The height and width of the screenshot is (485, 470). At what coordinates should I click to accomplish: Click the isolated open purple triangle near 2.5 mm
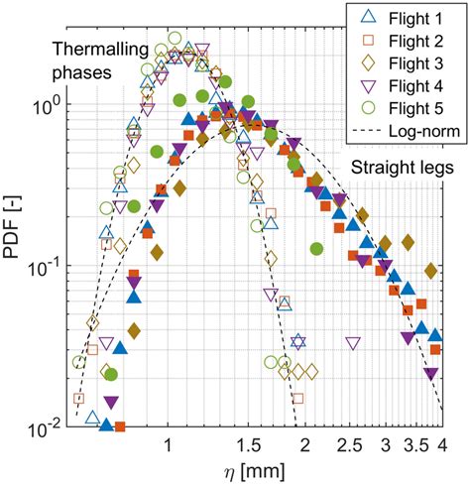(x=352, y=343)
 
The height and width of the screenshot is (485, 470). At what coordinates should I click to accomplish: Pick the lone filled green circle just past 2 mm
(x=316, y=249)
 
